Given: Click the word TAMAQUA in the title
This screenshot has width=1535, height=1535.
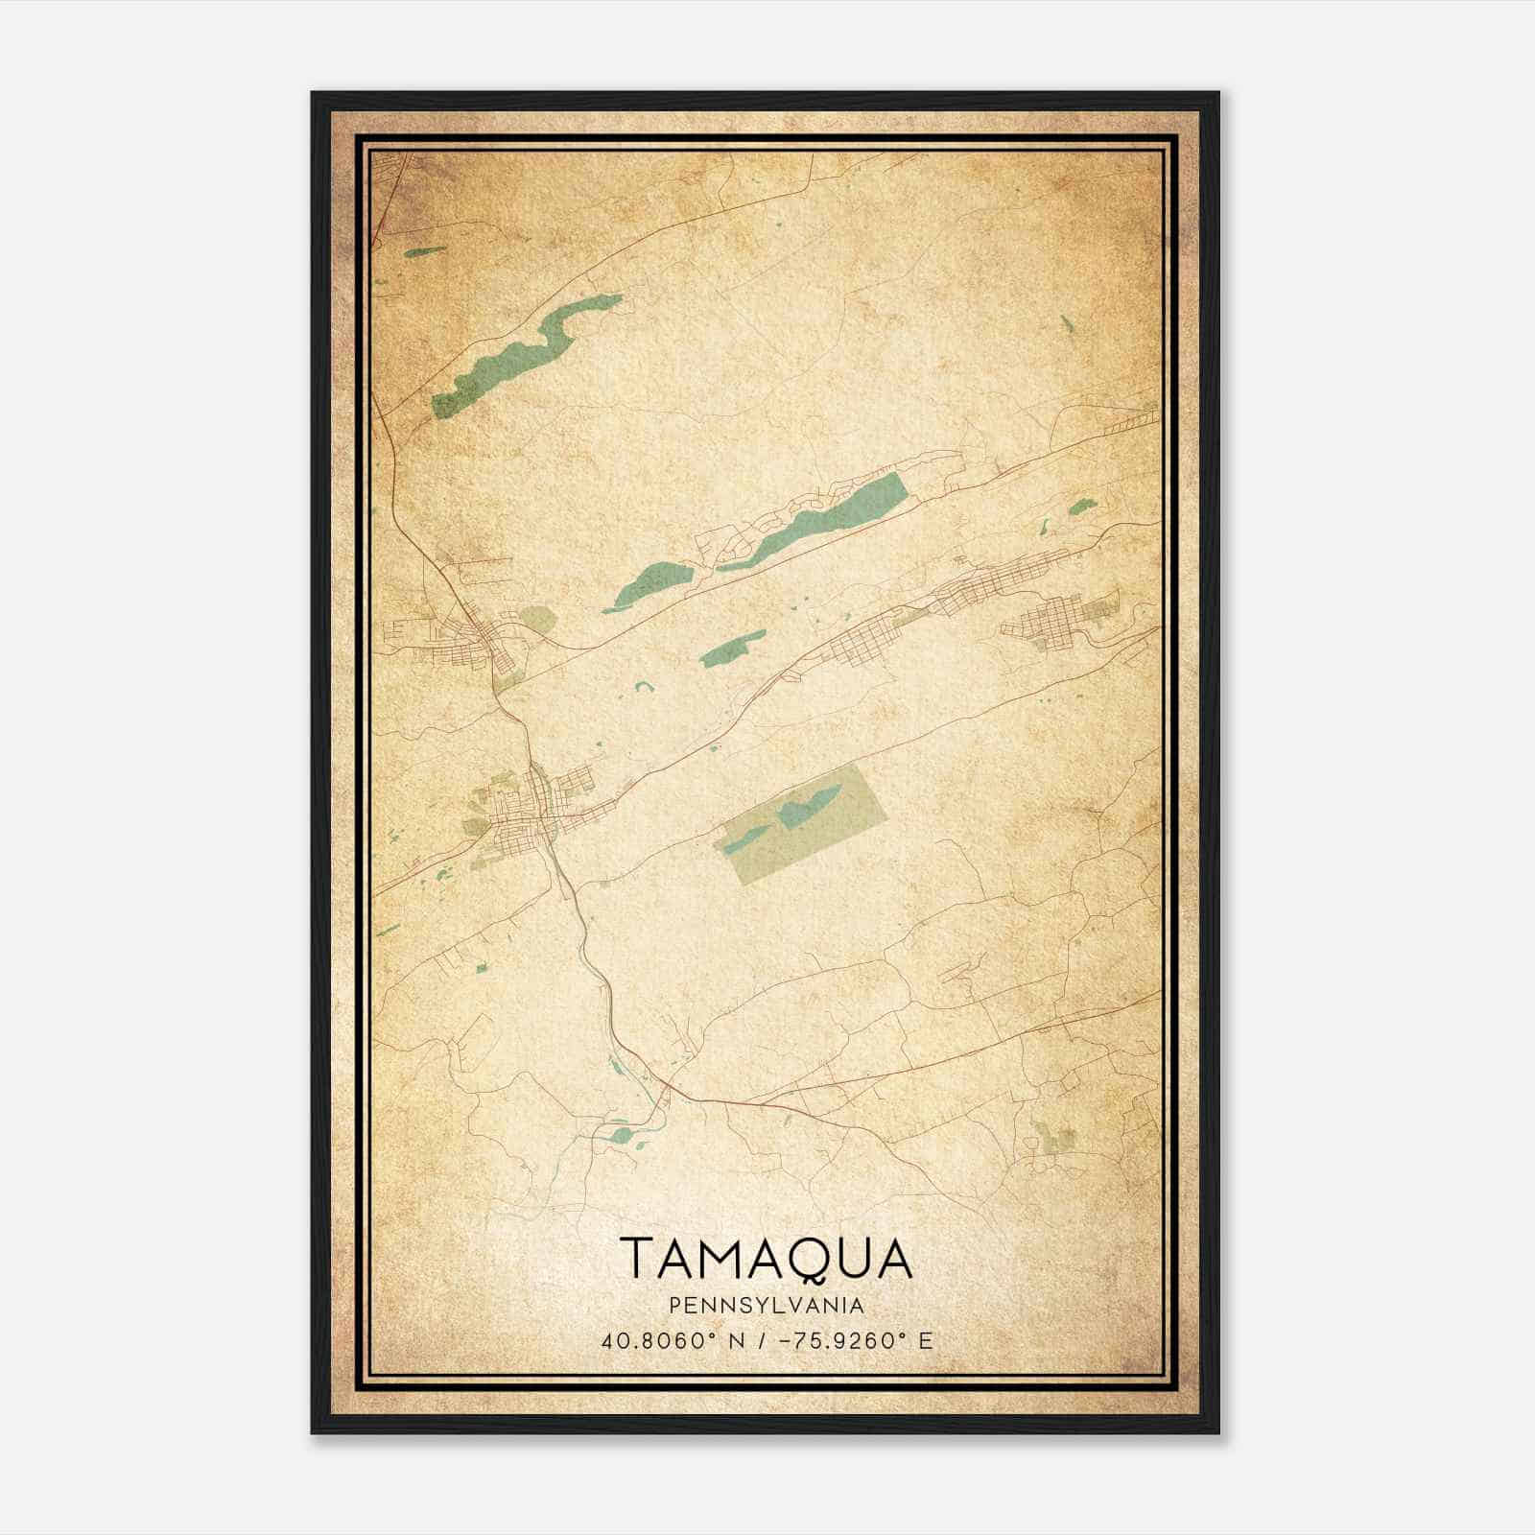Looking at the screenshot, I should (x=767, y=1258).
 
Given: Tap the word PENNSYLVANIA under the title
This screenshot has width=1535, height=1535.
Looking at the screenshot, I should (x=767, y=1306).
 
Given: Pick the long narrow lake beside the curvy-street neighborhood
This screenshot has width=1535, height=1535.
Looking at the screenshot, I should (x=825, y=518).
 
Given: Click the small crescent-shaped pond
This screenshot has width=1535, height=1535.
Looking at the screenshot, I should (x=642, y=686).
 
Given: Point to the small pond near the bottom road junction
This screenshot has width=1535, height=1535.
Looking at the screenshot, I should (x=622, y=1136).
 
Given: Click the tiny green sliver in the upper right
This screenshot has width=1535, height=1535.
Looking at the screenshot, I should (x=1067, y=324).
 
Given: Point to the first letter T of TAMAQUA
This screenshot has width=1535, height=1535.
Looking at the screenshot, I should (x=638, y=1258).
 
